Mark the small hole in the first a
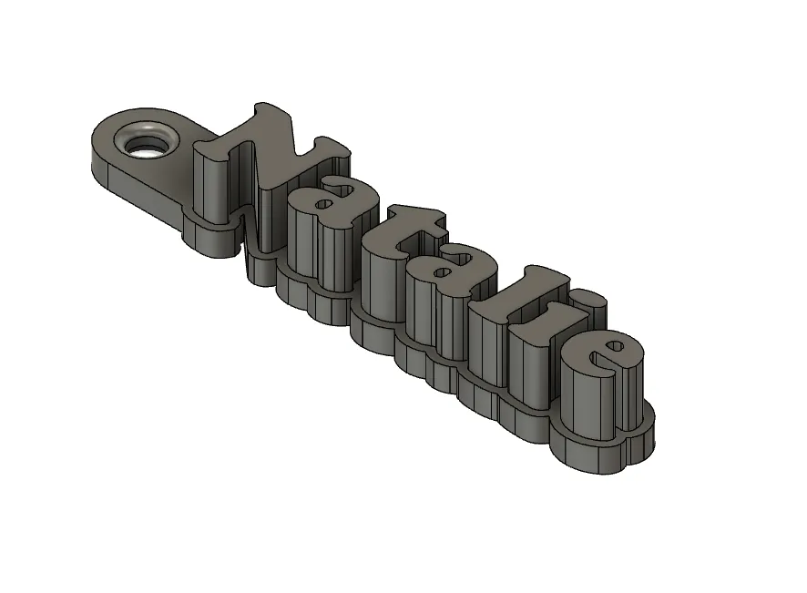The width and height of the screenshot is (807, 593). click(324, 205)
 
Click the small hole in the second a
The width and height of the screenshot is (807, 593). click(442, 271)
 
